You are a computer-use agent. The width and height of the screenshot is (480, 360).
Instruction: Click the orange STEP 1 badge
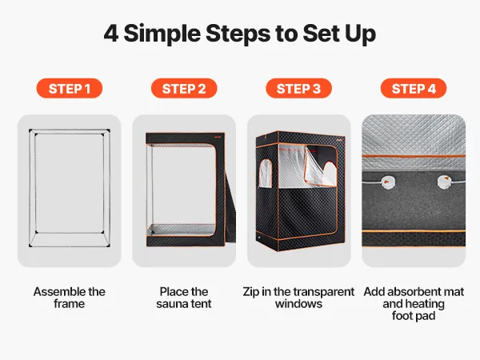click(x=69, y=89)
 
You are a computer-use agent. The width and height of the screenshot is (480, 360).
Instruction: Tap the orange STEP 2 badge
click(x=184, y=89)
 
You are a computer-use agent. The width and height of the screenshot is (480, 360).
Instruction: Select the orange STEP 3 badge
click(x=298, y=89)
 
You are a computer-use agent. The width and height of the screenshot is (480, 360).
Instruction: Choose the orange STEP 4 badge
click(x=414, y=89)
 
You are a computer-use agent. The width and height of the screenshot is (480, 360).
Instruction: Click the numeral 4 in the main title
click(x=111, y=34)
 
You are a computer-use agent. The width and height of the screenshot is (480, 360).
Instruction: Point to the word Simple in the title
click(x=162, y=34)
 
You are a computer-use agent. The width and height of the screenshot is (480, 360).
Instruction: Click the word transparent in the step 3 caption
click(x=324, y=292)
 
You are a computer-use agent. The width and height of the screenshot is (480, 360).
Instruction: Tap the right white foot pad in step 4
click(x=444, y=182)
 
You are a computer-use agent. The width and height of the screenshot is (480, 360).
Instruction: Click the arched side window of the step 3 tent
click(x=266, y=173)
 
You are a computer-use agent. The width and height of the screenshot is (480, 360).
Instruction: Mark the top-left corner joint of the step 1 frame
click(x=30, y=131)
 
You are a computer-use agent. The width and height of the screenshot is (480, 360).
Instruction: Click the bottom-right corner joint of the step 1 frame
click(x=108, y=245)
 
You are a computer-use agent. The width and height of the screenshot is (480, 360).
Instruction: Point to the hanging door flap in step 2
click(x=230, y=209)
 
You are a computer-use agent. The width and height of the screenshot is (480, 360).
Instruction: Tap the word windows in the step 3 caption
click(x=298, y=304)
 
